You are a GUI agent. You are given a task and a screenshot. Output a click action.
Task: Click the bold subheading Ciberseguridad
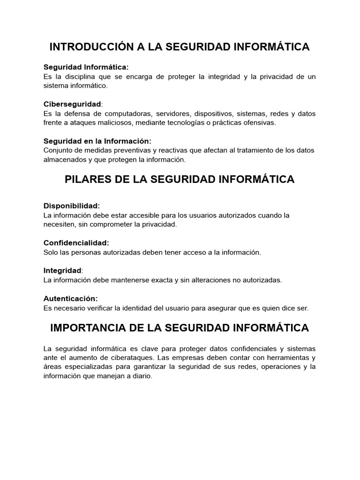[x=72, y=104]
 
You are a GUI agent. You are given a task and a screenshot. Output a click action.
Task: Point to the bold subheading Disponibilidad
[x=72, y=206]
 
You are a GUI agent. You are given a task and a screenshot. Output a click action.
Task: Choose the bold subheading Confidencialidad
[x=76, y=243]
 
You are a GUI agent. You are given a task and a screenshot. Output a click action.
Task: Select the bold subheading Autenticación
[x=71, y=298]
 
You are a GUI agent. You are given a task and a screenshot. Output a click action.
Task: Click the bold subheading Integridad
[x=62, y=270]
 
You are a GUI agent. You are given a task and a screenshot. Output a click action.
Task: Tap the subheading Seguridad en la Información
[x=97, y=141]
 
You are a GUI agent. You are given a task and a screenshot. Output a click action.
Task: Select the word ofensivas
[x=260, y=123]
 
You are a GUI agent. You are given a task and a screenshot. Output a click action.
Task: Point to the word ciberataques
[x=128, y=358]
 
